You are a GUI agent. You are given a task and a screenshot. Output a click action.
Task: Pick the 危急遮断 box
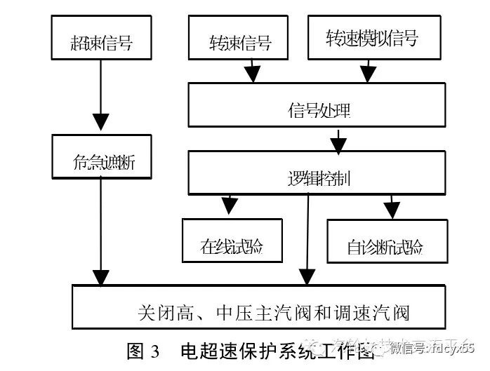click(102, 157)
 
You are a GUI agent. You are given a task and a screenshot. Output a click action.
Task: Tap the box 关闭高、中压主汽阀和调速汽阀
click(260, 306)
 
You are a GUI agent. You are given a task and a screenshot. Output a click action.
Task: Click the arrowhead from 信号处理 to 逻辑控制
click(338, 145)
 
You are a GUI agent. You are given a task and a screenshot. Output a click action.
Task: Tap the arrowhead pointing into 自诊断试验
click(391, 208)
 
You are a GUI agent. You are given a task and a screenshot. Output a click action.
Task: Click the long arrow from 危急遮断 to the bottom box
click(102, 231)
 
